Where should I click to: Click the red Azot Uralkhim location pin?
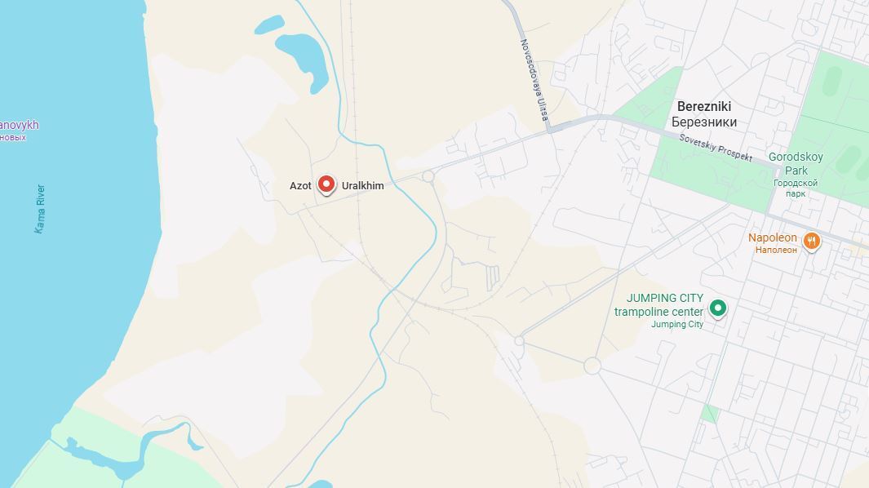coord(326,184)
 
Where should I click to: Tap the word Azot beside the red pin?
coord(300,186)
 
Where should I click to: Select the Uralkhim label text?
coord(362,186)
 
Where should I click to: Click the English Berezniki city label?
coord(703,107)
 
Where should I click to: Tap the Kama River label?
coord(40,209)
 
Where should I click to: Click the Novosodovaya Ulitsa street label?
coord(532,80)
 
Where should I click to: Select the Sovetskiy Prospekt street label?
coord(715,146)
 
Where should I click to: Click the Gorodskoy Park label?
coord(796,163)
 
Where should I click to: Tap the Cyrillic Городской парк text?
coord(796,189)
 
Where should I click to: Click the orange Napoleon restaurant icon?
coord(810,240)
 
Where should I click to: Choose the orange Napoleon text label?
coord(773,237)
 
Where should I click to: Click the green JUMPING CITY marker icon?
coord(717,308)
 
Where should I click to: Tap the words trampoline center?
coord(658,312)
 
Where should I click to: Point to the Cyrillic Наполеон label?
coord(775,250)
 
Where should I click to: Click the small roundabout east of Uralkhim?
coord(428,176)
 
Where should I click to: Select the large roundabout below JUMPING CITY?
coord(592,366)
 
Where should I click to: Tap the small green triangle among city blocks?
coord(709,413)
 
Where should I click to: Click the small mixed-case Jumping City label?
coord(676,325)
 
